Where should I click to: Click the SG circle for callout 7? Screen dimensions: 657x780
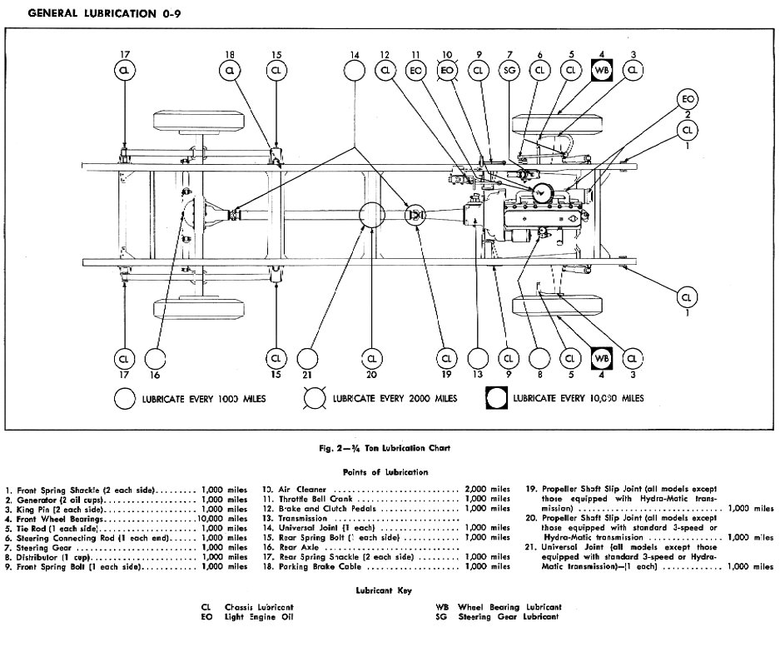tap(509, 72)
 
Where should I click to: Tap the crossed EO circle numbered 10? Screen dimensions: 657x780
tap(447, 72)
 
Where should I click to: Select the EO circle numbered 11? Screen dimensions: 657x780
tap(416, 72)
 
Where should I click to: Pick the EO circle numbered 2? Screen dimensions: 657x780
tap(688, 98)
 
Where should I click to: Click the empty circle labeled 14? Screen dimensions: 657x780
tap(355, 72)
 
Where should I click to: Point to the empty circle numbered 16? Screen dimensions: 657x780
tap(153, 358)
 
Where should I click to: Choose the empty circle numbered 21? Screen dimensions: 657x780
tap(308, 358)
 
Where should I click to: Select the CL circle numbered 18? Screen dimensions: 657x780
tap(230, 72)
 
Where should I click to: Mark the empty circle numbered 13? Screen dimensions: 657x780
tap(477, 358)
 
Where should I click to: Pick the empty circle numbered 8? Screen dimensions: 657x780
tap(539, 358)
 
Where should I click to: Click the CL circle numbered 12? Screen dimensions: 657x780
tap(385, 72)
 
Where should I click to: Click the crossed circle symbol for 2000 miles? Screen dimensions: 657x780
tap(315, 399)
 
